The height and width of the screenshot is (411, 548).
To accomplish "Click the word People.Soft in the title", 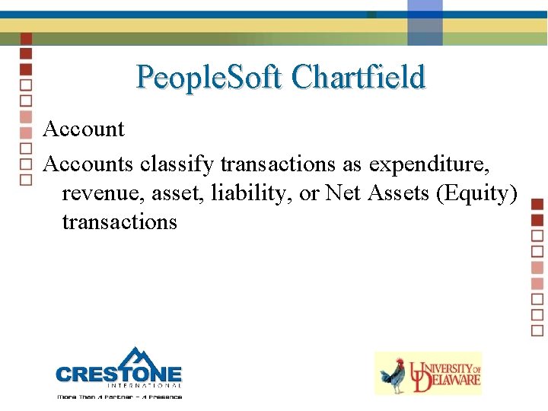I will pos(209,78).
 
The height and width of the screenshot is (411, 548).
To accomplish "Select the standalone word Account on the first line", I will pos(84,129).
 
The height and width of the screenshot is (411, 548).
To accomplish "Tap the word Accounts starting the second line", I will pos(88,163).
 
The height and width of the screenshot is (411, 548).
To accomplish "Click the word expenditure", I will pos(444,163).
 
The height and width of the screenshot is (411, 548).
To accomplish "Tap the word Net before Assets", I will pos(344,193).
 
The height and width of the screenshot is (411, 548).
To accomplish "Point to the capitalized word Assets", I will pos(400,193).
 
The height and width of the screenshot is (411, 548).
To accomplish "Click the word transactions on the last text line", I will pos(119,221).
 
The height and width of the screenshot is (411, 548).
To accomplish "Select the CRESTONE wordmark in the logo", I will pos(119,374).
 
